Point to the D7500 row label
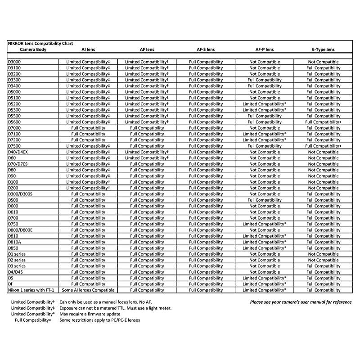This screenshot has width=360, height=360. coord(14,146)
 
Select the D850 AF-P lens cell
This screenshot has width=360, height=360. coord(264,248)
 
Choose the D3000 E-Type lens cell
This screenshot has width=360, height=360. coord(323,62)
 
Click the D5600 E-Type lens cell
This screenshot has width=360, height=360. coord(323,122)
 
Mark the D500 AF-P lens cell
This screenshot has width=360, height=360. coord(264,200)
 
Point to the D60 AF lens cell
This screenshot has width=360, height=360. coord(147,158)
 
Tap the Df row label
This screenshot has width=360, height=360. coord(11,284)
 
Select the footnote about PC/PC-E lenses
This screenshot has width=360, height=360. coord(99,320)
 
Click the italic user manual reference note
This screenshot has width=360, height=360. coord(301,302)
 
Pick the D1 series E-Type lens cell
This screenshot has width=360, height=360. coord(323,254)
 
